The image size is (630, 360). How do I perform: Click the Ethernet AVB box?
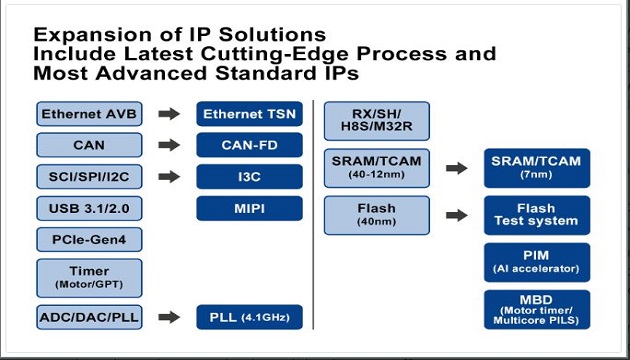[89, 114]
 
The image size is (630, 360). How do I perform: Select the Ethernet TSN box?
[249, 114]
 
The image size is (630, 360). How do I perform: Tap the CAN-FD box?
[249, 146]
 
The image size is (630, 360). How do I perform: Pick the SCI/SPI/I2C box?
[89, 178]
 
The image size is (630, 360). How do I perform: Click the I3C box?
[249, 178]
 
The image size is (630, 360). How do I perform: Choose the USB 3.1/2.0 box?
[89, 209]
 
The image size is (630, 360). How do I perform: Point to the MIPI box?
[249, 209]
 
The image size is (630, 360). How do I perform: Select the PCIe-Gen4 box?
[89, 241]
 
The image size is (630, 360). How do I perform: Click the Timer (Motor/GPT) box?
[89, 277]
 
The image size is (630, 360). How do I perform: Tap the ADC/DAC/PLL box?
[89, 318]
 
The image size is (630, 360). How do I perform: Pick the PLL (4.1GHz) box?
[249, 318]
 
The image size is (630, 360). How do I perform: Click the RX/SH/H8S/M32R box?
[376, 121]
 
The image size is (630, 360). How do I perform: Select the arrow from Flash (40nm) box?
[456, 214]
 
